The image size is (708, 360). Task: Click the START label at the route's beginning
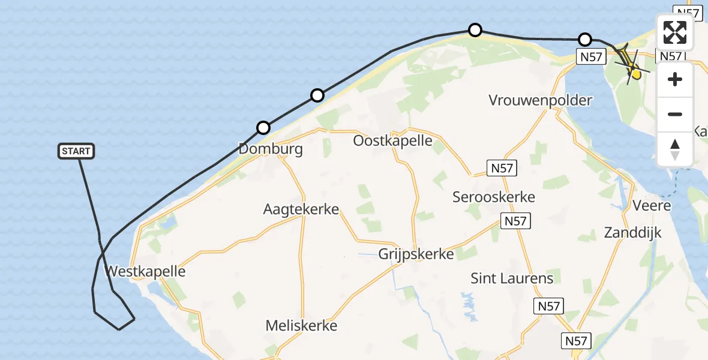77,151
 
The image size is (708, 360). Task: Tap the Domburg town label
270,148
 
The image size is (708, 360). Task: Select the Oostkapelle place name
393,141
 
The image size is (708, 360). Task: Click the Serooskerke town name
494,196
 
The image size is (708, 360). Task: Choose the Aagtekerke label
301,209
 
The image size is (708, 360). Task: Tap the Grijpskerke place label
416,254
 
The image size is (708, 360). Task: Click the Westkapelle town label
145,271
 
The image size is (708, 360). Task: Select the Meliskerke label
301,326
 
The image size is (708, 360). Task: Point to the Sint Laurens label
512,278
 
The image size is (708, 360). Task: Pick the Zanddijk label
633,232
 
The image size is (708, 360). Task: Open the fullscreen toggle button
675,32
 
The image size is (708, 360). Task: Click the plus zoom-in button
675,79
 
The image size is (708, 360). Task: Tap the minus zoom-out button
675,115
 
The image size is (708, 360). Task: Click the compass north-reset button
675,149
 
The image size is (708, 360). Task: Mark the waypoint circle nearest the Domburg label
263,127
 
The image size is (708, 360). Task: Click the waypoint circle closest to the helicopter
585,40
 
